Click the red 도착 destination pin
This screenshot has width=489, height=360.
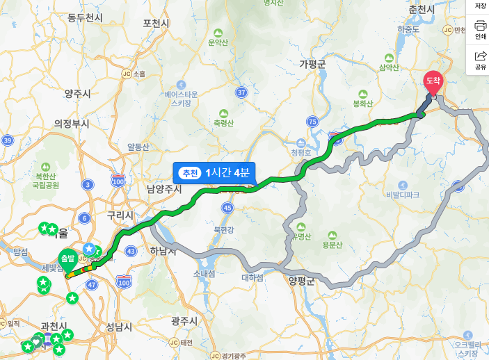pyautogui.click(x=433, y=82)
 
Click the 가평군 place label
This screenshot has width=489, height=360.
pyautogui.click(x=312, y=64)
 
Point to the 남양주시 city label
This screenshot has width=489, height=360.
pyautogui.click(x=164, y=189)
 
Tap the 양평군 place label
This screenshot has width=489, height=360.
pyautogui.click(x=301, y=281)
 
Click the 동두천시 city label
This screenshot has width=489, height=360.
pyautogui.click(x=86, y=17)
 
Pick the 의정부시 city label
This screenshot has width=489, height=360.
pyautogui.click(x=72, y=124)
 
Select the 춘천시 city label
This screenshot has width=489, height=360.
pyautogui.click(x=422, y=9)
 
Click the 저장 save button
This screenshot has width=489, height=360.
pyautogui.click(x=480, y=7)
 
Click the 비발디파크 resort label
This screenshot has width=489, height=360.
pyautogui.click(x=403, y=195)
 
